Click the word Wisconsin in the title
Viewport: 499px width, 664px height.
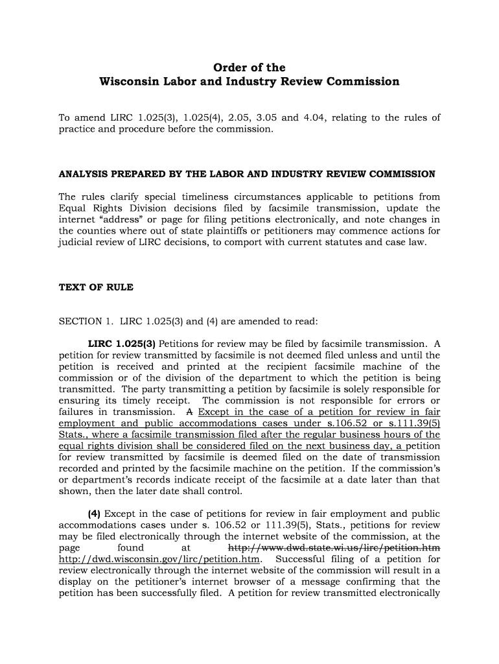pyautogui.click(x=130, y=82)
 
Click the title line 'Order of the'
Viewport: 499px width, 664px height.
pyautogui.click(x=250, y=67)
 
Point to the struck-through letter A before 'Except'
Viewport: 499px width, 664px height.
pyautogui.click(x=189, y=412)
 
